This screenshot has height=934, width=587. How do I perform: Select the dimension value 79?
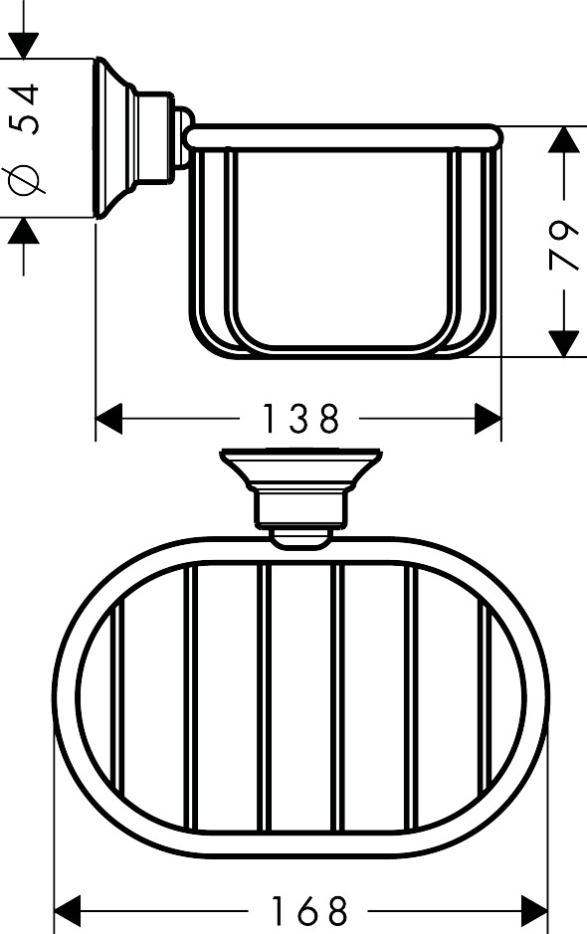tap(563, 245)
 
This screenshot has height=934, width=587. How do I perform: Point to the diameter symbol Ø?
tap(25, 180)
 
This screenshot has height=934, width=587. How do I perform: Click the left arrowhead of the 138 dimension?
tap(108, 419)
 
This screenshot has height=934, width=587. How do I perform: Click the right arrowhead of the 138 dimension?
tap(489, 419)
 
